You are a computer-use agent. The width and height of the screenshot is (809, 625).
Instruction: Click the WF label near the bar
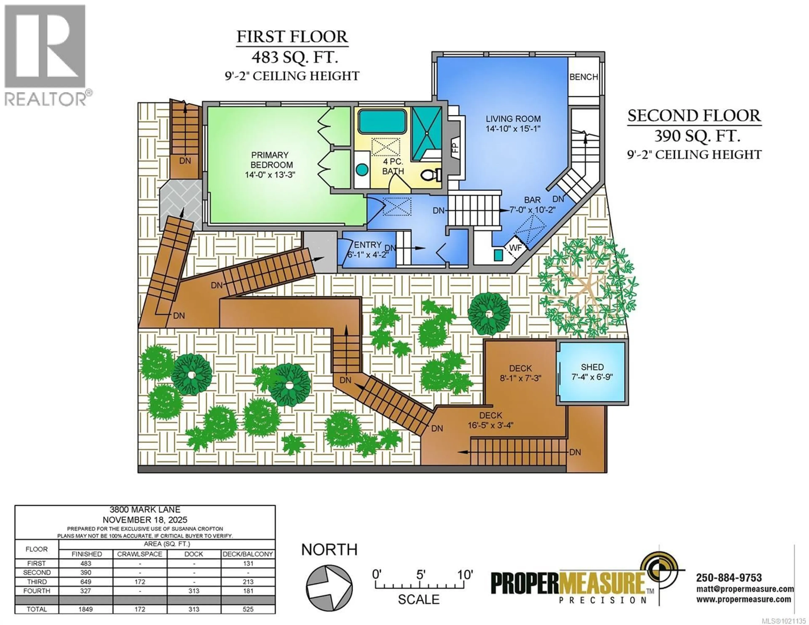coord(516,248)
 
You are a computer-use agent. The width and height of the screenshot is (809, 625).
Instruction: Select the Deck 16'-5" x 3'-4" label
coord(490,420)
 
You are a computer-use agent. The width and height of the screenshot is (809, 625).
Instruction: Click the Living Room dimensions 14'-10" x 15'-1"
coord(513,128)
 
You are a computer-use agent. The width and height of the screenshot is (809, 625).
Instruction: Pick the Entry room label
coord(367,245)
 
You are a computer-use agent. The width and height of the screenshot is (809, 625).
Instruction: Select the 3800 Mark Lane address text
coord(145,510)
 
